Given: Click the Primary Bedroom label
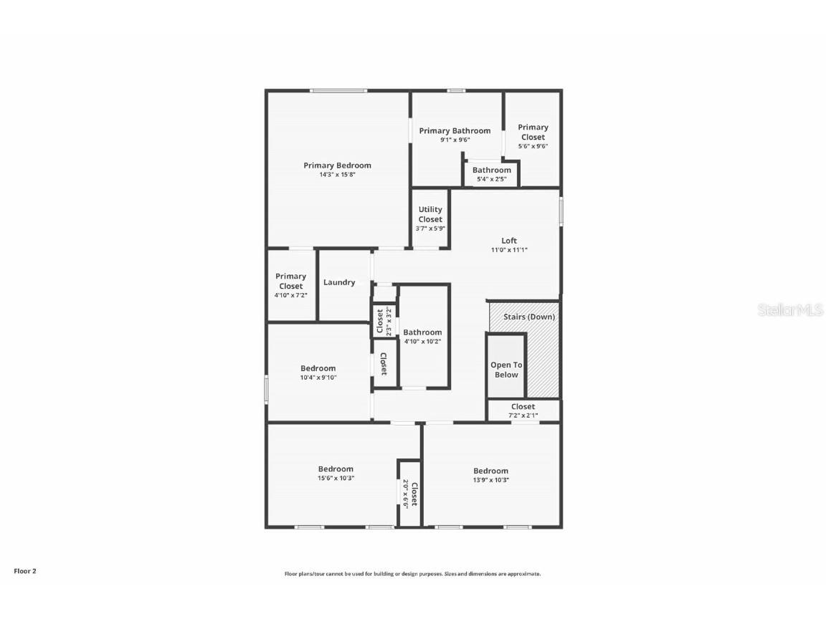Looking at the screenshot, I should (x=337, y=165).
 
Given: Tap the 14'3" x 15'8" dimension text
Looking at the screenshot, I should (x=337, y=175).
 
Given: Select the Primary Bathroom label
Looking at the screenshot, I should (x=455, y=130).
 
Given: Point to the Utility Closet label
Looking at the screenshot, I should (x=430, y=214).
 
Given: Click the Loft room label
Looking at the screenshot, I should (x=508, y=241).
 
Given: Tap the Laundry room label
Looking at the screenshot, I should (x=339, y=282).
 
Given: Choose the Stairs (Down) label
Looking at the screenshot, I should (x=529, y=317).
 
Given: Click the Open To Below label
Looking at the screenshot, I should (x=506, y=370).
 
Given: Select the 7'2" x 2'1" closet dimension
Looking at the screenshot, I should (x=523, y=416).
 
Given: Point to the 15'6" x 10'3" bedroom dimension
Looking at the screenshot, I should (x=336, y=479).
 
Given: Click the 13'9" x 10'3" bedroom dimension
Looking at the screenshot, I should (x=490, y=480).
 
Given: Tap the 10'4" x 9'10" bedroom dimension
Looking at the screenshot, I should (x=318, y=378).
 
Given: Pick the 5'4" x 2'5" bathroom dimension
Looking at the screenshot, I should (x=491, y=179).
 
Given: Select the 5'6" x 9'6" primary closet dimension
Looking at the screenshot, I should (x=533, y=146).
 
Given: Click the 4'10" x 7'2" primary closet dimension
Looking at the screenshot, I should (x=290, y=295).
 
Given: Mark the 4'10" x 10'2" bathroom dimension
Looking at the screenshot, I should (x=422, y=342).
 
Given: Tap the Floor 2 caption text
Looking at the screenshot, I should (x=25, y=571).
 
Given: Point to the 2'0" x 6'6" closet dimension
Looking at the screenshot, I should (x=405, y=494).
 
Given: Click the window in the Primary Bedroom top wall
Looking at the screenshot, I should (x=338, y=90).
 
